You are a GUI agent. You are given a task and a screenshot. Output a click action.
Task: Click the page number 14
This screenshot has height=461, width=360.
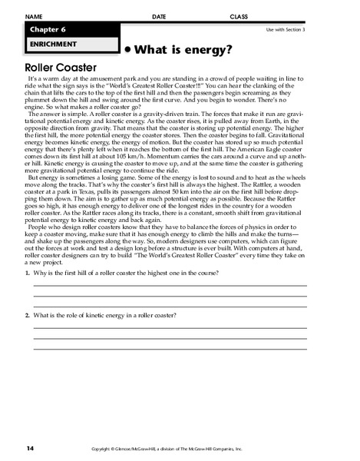point(30,447)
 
